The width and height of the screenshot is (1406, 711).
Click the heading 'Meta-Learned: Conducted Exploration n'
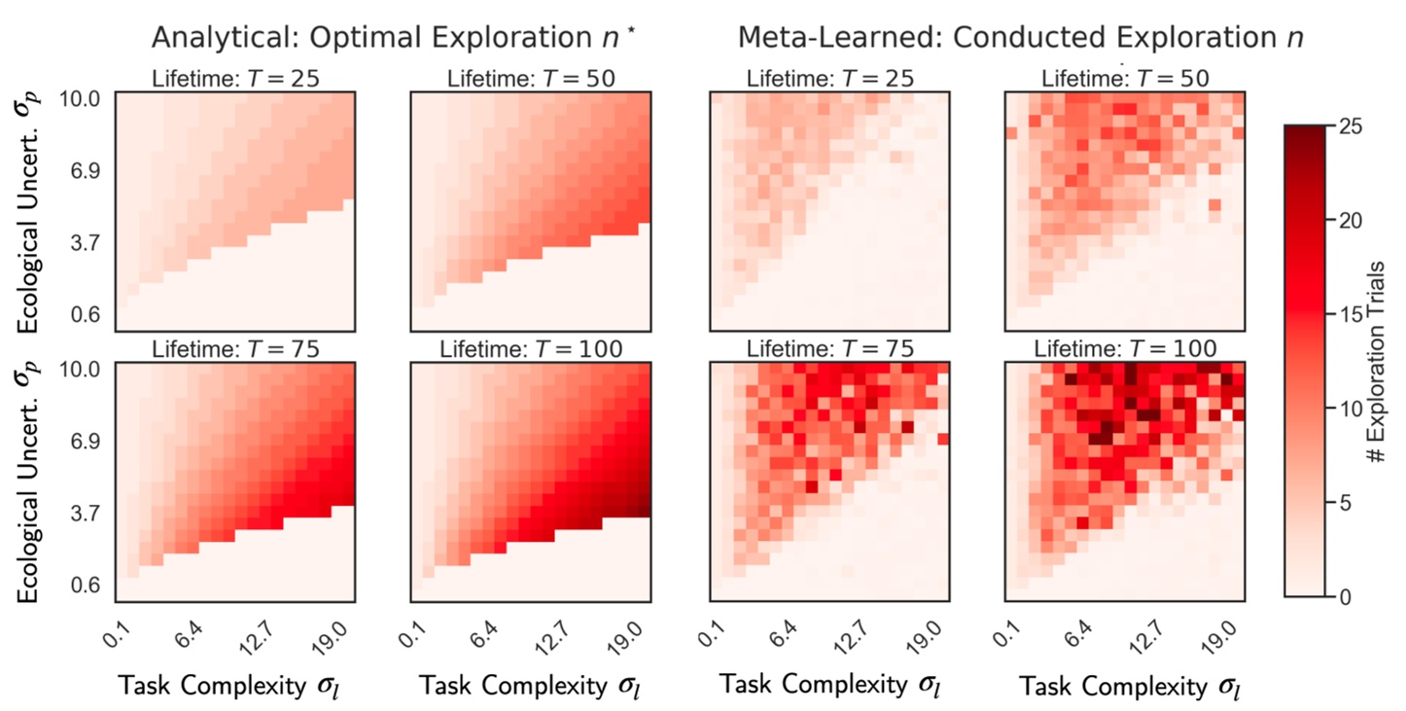pyautogui.click(x=1020, y=38)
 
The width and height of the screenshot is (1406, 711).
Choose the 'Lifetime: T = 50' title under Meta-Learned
pyautogui.click(x=1124, y=79)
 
